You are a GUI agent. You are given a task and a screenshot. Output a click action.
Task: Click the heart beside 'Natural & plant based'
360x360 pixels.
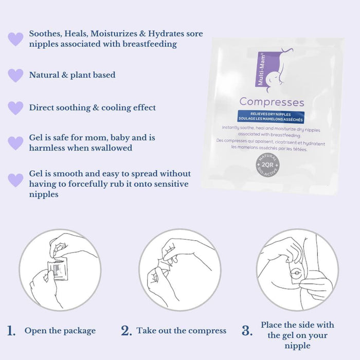[15, 75]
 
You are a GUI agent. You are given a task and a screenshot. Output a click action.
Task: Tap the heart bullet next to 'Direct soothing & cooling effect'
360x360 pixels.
[15, 108]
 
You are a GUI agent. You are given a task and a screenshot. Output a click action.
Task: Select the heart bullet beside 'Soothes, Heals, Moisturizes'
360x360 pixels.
[15, 39]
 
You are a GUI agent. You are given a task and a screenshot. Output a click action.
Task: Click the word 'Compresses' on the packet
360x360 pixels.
[272, 102]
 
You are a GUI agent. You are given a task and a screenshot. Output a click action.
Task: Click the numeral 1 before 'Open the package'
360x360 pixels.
[12, 331]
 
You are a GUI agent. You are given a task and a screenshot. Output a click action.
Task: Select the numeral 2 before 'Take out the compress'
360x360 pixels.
[127, 331]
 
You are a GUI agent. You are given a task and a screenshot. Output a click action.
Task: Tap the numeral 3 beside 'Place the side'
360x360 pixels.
[247, 331]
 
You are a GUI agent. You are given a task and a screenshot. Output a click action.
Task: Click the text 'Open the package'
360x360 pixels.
[60, 331]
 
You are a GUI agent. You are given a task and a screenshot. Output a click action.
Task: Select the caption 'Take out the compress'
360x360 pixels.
[182, 331]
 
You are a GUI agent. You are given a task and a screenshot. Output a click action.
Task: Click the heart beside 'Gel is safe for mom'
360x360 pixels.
[15, 143]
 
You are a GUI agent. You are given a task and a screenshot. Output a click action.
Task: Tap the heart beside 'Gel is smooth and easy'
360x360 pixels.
[15, 180]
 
